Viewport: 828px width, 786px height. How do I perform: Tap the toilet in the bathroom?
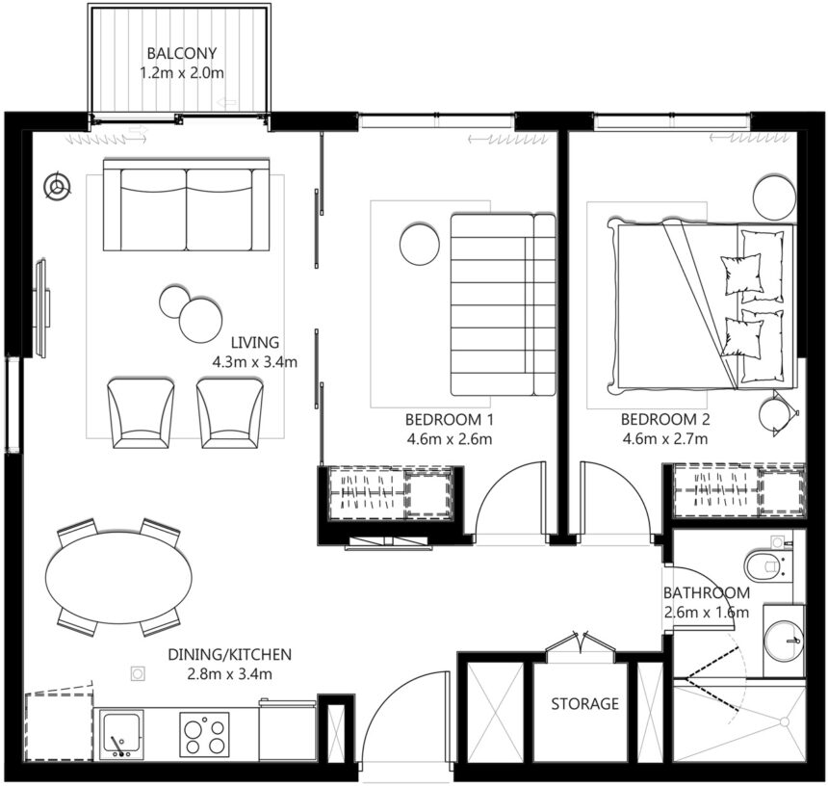pos(769,563)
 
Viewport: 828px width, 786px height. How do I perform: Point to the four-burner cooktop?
pos(204,734)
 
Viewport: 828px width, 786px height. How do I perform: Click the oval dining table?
pos(117,578)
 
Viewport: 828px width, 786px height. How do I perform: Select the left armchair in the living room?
pos(141,412)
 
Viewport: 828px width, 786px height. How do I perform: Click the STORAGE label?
pos(584,704)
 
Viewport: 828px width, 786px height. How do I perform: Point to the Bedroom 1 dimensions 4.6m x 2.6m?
pos(449,440)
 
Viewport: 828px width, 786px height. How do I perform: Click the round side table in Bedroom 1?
pos(419,244)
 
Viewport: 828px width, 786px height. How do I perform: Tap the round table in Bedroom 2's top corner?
pos(774,197)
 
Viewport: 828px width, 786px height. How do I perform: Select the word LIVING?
pos(255,342)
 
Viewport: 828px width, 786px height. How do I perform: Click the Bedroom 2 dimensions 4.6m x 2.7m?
pos(664,440)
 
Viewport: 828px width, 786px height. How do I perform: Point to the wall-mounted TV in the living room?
pos(41,307)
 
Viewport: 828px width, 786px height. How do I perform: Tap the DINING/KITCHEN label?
pos(228,655)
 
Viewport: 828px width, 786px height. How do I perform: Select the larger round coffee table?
pos(200,318)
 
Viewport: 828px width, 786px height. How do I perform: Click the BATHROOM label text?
pos(706,593)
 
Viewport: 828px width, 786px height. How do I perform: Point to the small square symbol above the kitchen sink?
pos(138,673)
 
